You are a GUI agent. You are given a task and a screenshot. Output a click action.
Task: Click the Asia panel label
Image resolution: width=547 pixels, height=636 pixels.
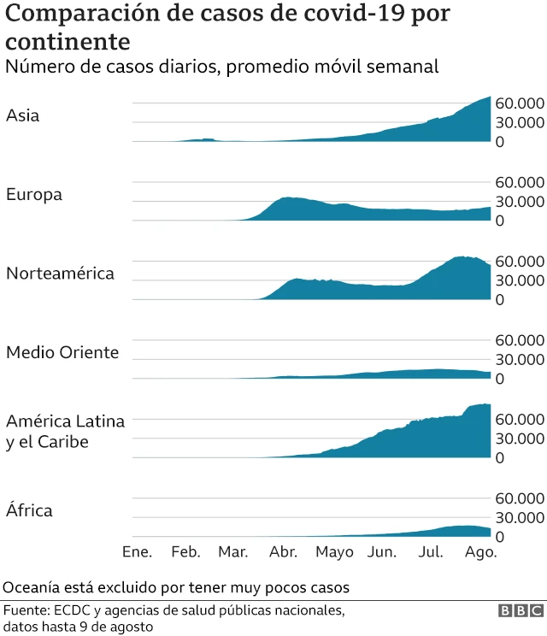tap(23, 115)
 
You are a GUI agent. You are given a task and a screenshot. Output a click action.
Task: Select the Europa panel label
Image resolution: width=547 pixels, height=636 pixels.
tap(34, 195)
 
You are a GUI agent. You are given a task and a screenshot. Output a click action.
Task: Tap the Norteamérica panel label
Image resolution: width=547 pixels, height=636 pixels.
tap(60, 274)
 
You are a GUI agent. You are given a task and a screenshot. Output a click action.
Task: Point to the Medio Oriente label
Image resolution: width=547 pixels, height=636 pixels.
tap(62, 352)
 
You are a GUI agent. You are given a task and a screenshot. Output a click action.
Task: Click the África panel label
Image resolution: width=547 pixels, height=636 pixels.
tap(29, 510)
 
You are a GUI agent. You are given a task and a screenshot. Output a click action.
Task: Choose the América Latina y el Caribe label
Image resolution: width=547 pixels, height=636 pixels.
tap(65, 432)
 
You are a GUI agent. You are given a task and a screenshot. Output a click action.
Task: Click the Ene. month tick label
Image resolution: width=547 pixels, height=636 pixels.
tap(137, 552)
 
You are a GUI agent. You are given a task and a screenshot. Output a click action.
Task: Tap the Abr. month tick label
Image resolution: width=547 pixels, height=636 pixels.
tap(283, 552)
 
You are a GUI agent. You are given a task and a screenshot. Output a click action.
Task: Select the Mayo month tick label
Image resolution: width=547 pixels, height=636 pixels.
tap(334, 552)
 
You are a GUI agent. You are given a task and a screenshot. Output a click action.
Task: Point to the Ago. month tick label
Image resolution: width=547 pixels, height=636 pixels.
tap(481, 552)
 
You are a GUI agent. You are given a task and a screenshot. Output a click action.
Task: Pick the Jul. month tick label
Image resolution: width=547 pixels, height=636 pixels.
tap(432, 552)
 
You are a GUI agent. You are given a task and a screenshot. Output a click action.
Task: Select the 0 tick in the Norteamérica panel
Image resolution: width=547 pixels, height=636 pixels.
tap(500, 300)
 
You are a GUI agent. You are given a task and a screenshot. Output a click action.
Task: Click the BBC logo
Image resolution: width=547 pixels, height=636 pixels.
tap(520, 611)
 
